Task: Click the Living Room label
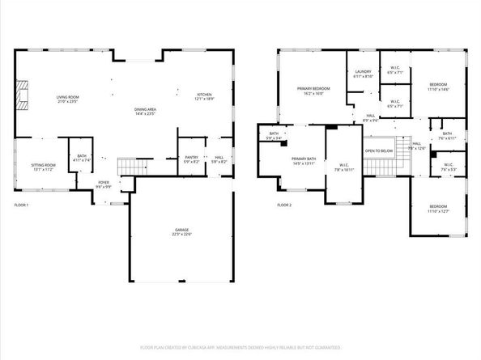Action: tap(67, 99)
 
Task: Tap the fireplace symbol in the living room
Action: tap(24, 95)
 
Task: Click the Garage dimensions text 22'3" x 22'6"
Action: tap(181, 235)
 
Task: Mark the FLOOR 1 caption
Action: tap(21, 205)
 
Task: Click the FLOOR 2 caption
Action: tap(283, 205)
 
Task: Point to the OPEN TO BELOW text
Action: tap(378, 151)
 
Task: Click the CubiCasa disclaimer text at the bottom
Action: tap(240, 348)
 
